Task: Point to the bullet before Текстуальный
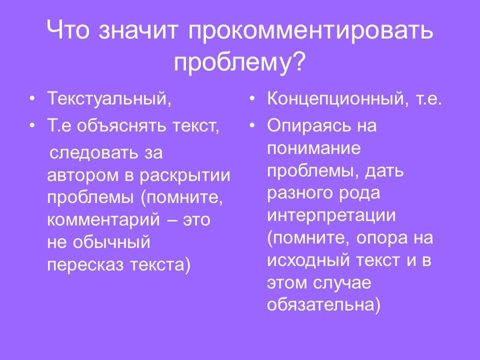pos(32,98)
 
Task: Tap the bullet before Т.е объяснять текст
pos(32,125)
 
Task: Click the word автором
pos(77,175)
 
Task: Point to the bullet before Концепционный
pos(252,98)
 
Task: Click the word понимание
pos(314,149)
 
